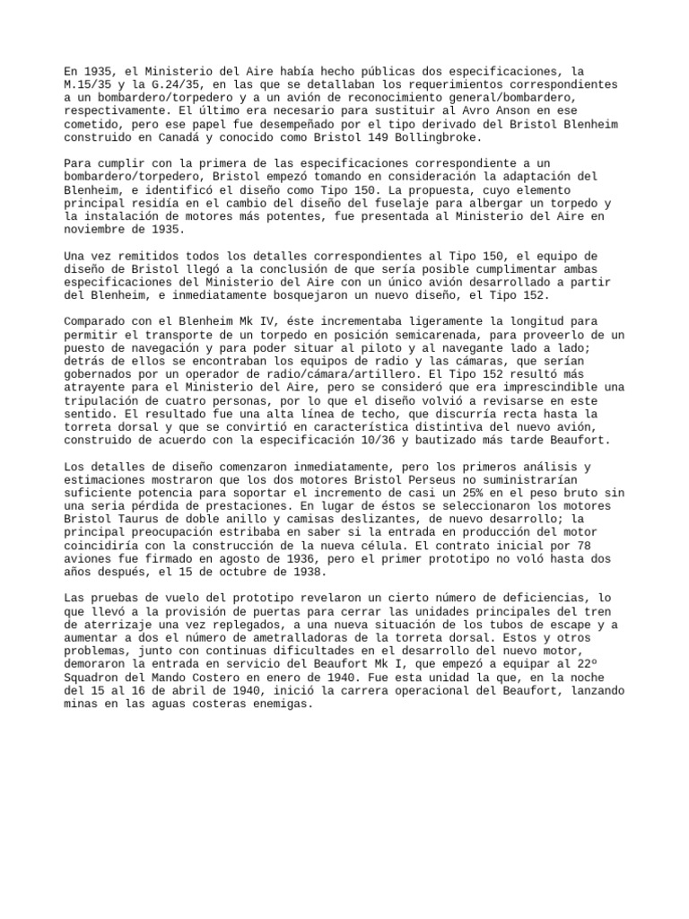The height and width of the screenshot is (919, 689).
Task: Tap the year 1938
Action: pyautogui.click(x=300, y=573)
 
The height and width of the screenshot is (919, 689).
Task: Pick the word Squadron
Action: pyautogui.click(x=97, y=669)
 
